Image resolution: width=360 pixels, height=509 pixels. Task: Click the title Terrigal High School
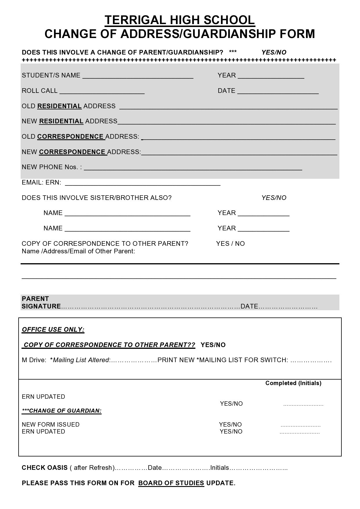click(x=180, y=20)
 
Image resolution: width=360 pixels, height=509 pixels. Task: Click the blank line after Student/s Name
click(x=138, y=76)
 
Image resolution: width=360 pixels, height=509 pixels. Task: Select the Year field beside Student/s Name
click(x=271, y=76)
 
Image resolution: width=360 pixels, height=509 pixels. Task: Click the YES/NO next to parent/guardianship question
click(x=274, y=53)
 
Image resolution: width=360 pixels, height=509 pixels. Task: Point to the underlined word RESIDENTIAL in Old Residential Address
click(x=59, y=106)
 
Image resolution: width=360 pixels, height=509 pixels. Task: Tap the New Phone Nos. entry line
click(x=193, y=168)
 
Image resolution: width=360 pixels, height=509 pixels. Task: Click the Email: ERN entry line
click(x=143, y=183)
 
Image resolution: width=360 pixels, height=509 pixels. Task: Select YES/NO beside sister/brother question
click(x=274, y=198)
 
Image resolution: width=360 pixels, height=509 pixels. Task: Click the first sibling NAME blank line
click(x=127, y=214)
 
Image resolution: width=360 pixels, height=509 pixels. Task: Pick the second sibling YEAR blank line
click(x=264, y=229)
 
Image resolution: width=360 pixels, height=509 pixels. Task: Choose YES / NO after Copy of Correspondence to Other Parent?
click(x=230, y=244)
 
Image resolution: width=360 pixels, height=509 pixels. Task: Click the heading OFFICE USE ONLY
click(x=53, y=330)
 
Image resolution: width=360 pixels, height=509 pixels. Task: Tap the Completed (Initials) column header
click(x=293, y=383)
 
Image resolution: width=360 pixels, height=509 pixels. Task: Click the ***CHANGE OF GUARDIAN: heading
click(x=62, y=411)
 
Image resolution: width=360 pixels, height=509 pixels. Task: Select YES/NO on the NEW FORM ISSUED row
click(x=230, y=425)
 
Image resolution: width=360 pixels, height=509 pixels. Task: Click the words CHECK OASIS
click(x=45, y=468)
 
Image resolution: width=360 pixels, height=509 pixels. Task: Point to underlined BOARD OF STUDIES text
click(x=171, y=483)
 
